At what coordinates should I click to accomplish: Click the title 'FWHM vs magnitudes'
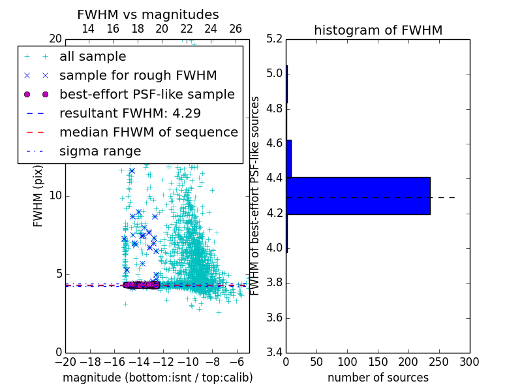click(x=148, y=14)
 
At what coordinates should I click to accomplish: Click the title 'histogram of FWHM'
click(x=378, y=30)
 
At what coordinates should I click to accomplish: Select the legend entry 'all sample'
click(x=93, y=57)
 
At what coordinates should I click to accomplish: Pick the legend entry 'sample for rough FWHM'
click(x=138, y=76)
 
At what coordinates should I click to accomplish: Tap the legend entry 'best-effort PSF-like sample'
click(x=147, y=94)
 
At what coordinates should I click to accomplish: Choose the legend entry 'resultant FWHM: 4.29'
click(x=130, y=113)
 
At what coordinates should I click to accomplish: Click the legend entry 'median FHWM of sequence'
click(x=148, y=132)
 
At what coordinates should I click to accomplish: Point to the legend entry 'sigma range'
click(x=100, y=151)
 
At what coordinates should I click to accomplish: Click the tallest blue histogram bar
click(x=358, y=195)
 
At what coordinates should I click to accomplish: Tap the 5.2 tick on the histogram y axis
click(x=275, y=39)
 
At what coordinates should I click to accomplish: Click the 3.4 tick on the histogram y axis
click(x=275, y=353)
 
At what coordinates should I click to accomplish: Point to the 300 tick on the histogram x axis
click(x=469, y=361)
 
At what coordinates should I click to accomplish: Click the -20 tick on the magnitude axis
click(x=65, y=361)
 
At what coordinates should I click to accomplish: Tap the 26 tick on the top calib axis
click(x=236, y=29)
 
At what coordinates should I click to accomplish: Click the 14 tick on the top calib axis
click(x=88, y=29)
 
